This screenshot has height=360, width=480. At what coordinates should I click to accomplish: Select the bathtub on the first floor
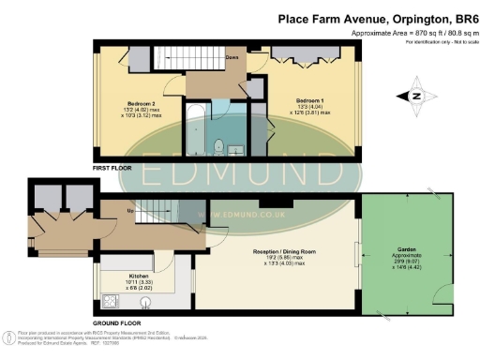coord(194,131)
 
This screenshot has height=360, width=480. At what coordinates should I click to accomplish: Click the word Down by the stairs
coord(232,56)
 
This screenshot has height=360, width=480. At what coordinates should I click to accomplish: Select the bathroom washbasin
coord(237,147)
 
